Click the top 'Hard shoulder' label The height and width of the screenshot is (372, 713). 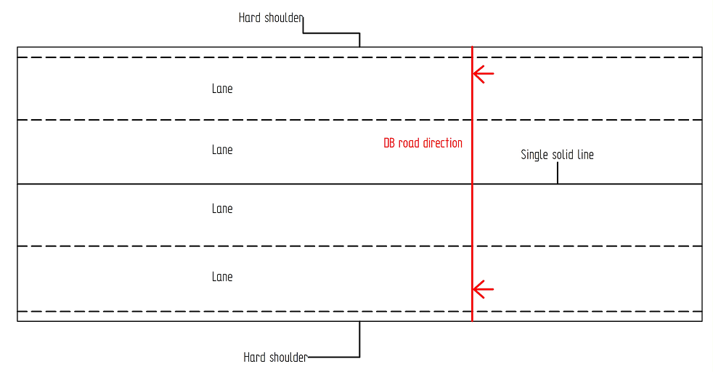pyautogui.click(x=271, y=17)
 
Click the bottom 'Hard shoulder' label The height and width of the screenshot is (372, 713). pyautogui.click(x=275, y=357)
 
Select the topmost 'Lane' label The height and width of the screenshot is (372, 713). pyautogui.click(x=222, y=89)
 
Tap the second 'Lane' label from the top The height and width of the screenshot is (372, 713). pyautogui.click(x=222, y=150)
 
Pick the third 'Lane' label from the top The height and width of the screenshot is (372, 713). pyautogui.click(x=222, y=209)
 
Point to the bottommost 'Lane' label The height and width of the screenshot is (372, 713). pyautogui.click(x=222, y=277)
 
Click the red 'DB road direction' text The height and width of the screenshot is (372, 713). pyautogui.click(x=423, y=143)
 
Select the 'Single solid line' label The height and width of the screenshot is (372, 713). pyautogui.click(x=557, y=155)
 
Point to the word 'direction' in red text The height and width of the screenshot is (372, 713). pyautogui.click(x=443, y=143)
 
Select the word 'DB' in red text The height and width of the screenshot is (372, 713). pyautogui.click(x=389, y=143)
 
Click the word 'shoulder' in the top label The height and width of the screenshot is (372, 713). pyautogui.click(x=284, y=17)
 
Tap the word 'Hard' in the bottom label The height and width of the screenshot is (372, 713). pyautogui.click(x=254, y=357)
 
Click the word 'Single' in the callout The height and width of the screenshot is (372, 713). pyautogui.click(x=534, y=155)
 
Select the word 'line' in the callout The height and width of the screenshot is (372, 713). pyautogui.click(x=586, y=155)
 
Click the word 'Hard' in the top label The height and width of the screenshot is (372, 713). pyautogui.click(x=249, y=17)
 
